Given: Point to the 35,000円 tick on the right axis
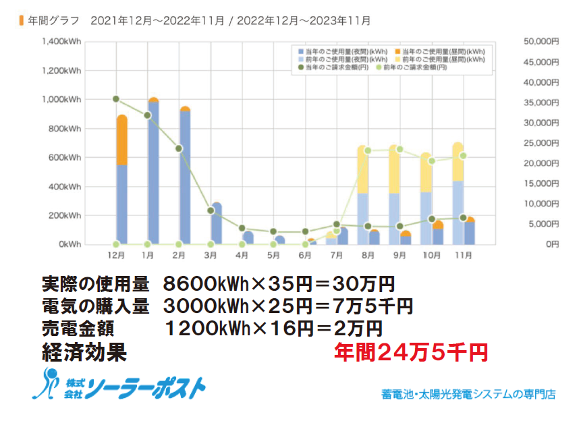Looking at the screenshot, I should click(541, 103).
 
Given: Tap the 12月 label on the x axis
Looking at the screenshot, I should click(115, 256).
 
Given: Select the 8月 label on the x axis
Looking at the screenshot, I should click(368, 256).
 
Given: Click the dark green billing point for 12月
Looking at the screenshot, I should click(116, 99).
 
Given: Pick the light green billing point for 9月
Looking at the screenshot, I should click(399, 149).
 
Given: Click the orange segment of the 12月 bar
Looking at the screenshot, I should click(121, 140).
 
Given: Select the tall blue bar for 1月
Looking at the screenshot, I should click(153, 172).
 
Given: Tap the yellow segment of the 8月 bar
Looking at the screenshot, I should click(362, 169).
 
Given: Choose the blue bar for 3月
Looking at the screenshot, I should click(216, 223).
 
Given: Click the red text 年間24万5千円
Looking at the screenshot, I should click(410, 352).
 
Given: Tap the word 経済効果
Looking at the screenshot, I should click(84, 352).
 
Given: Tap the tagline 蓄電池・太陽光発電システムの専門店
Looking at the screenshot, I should click(468, 394).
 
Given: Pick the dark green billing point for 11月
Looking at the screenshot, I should click(463, 217).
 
